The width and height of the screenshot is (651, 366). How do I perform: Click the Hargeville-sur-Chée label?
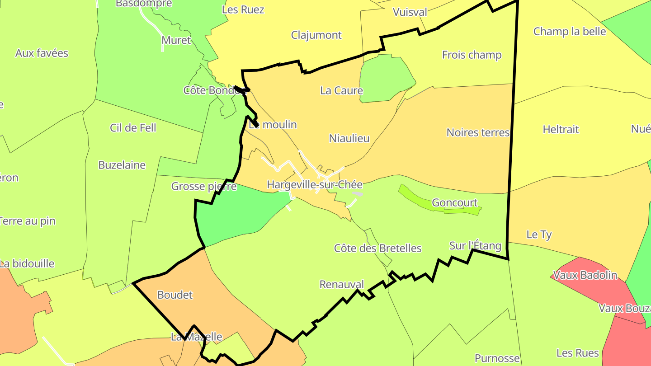point(315,184)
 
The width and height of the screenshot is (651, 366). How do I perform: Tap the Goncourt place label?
point(454,203)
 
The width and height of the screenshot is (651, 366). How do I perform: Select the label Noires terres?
point(478,132)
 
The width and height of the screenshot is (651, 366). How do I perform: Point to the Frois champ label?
point(472,55)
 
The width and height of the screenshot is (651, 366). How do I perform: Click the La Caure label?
point(341,90)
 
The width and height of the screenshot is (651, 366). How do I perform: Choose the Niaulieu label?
point(349,138)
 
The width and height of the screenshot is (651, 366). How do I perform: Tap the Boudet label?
point(175,295)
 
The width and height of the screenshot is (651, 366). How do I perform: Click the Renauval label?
point(341,284)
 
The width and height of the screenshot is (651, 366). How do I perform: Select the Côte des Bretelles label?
point(377,248)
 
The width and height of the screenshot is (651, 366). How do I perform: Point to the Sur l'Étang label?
point(475,246)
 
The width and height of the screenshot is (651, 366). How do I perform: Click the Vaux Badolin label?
point(585,275)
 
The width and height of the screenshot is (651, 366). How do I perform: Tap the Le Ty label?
point(539,235)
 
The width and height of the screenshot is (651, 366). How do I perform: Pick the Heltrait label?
point(561,129)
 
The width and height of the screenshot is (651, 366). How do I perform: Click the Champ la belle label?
point(569,31)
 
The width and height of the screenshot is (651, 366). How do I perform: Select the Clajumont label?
point(316,35)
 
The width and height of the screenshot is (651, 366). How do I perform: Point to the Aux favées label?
point(42,53)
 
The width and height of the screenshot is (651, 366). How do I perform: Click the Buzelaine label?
point(122,165)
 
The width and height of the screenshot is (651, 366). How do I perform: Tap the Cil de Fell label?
point(133,128)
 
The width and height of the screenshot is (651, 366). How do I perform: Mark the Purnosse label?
point(497,358)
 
